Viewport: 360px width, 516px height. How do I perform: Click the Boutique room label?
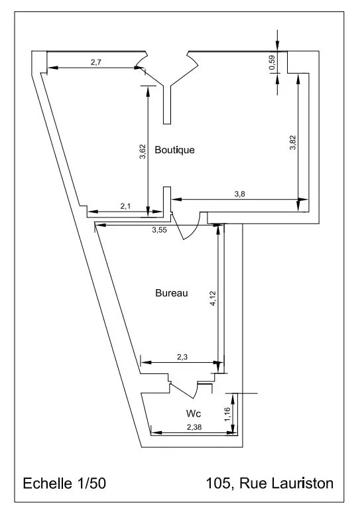pyautogui.click(x=174, y=150)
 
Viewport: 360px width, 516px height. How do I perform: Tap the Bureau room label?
pyautogui.click(x=172, y=292)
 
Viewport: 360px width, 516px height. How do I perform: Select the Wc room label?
pyautogui.click(x=193, y=413)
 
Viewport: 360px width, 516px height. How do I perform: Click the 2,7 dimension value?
pyautogui.click(x=95, y=62)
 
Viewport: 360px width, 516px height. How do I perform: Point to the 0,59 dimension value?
pyautogui.click(x=272, y=63)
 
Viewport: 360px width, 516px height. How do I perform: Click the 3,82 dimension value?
pyautogui.click(x=293, y=144)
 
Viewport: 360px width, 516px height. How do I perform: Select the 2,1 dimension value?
pyautogui.click(x=126, y=207)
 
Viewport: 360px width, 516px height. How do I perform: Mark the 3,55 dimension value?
pyautogui.click(x=159, y=230)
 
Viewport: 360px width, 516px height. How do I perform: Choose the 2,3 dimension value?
pyautogui.click(x=183, y=357)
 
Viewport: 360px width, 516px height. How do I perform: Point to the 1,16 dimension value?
pyautogui.click(x=227, y=414)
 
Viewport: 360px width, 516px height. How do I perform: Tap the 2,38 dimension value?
pyautogui.click(x=194, y=426)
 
